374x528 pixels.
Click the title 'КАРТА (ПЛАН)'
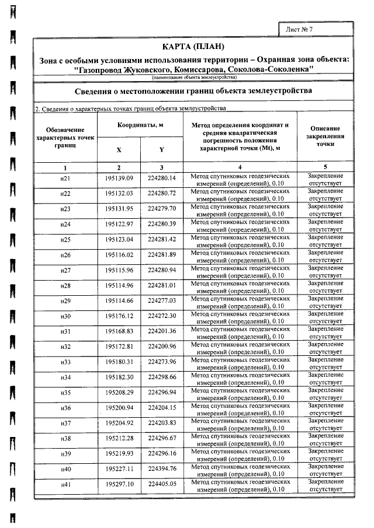(x=193, y=46)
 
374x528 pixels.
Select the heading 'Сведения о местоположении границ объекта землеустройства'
(x=193, y=91)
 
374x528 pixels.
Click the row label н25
(x=65, y=240)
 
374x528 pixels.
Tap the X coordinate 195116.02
(x=120, y=255)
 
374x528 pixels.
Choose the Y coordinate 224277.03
(x=162, y=300)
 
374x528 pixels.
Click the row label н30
(x=65, y=316)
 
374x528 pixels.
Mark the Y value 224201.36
(x=162, y=331)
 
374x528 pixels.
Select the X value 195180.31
(x=120, y=362)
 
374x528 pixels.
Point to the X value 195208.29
(x=120, y=392)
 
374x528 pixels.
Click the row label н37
(x=65, y=423)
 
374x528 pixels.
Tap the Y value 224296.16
(x=162, y=453)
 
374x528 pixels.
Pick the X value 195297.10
(x=120, y=484)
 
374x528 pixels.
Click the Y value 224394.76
(x=162, y=468)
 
